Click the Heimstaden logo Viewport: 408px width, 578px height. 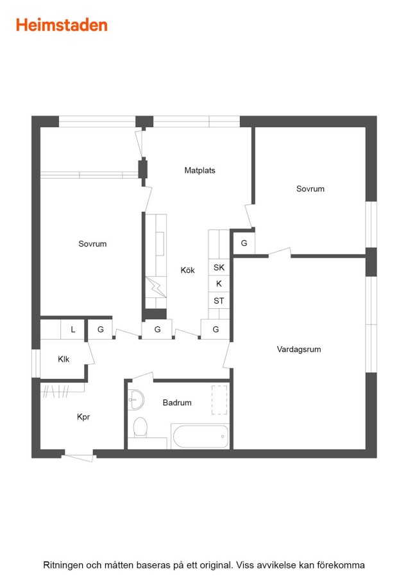(x=62, y=26)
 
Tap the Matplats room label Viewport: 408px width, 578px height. (x=200, y=170)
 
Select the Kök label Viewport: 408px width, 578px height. (x=187, y=270)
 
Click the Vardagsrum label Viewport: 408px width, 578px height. (x=299, y=349)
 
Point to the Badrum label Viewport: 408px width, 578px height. (x=177, y=403)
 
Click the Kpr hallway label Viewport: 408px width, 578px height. (x=83, y=417)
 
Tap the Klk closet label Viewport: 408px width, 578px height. (x=64, y=359)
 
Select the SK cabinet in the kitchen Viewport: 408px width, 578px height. (x=219, y=267)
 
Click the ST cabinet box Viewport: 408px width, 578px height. (x=219, y=301)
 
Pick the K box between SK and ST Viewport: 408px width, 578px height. (x=219, y=284)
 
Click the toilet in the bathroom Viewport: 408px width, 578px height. (x=140, y=427)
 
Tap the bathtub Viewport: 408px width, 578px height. (x=200, y=437)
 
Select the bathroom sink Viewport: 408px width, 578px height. (x=135, y=399)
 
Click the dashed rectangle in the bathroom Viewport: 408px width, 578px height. (x=219, y=400)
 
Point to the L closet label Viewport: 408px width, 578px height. (x=73, y=329)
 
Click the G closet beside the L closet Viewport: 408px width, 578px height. (x=100, y=329)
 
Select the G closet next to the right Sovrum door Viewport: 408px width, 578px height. (x=244, y=243)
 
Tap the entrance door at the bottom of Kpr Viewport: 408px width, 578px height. (x=79, y=457)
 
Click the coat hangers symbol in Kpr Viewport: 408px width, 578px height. (x=56, y=391)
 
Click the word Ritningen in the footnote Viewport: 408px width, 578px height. (x=63, y=565)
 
